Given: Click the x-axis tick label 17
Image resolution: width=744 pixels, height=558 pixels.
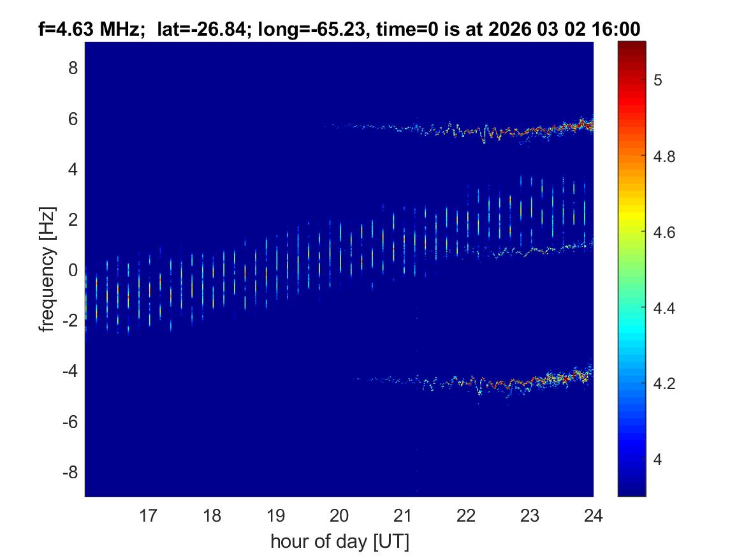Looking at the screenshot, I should point(149,515).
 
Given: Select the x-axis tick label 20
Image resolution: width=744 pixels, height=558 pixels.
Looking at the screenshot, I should point(339,515).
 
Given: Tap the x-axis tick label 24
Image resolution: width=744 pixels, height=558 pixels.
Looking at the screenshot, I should point(593,515).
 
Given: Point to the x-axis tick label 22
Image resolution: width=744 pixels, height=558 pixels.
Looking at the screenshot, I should point(466,515).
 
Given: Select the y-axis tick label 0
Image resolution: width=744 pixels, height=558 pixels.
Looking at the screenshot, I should point(73,270).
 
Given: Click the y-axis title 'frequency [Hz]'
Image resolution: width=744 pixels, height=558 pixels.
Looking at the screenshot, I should point(46,268).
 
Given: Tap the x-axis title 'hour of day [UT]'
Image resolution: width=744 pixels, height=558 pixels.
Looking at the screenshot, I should point(339,542).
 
